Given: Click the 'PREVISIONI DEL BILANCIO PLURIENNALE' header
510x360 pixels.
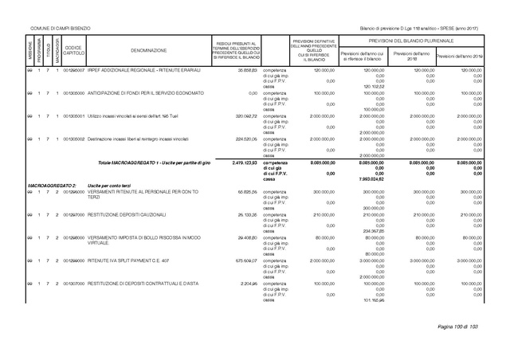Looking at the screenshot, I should (x=410, y=40).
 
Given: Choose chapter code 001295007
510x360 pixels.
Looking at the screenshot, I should (x=73, y=71).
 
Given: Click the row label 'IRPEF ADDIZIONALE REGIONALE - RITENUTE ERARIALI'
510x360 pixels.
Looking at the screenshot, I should (x=143, y=71).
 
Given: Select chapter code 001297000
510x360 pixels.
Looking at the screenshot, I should (x=73, y=214).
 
